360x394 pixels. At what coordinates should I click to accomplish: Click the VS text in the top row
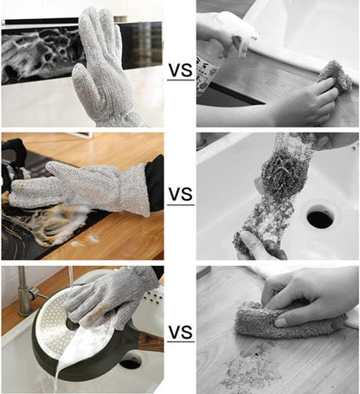pyautogui.click(x=180, y=70)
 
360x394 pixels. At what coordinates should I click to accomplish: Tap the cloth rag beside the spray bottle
pyautogui.click(x=334, y=77)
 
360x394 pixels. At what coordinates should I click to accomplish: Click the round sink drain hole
pyautogui.click(x=319, y=216)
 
